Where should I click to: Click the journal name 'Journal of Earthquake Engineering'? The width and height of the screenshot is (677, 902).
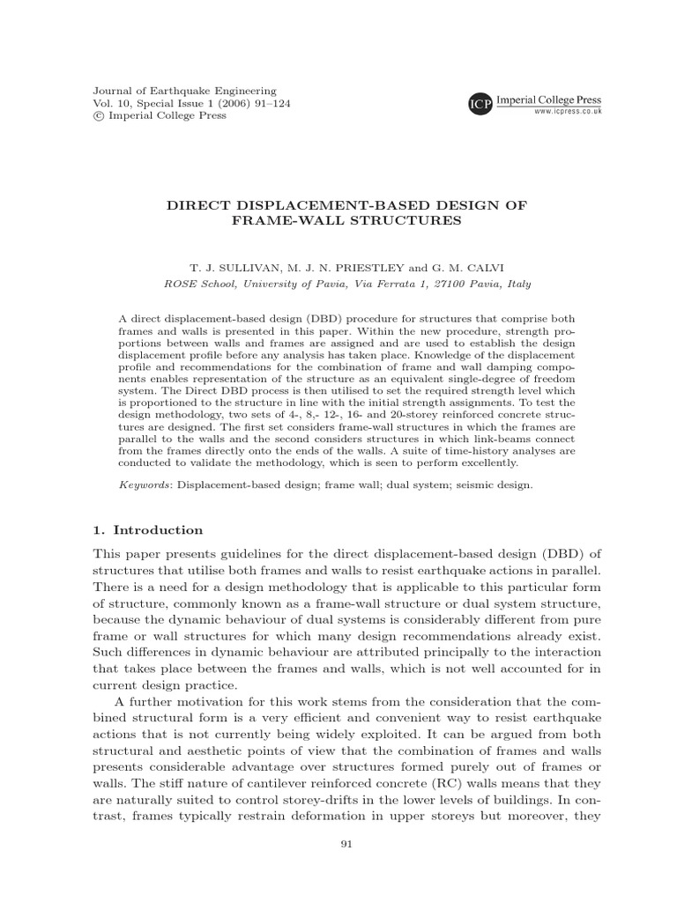click(x=184, y=91)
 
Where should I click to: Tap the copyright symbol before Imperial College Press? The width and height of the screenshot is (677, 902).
click(x=99, y=115)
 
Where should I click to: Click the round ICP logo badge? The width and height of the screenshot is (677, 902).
click(x=480, y=105)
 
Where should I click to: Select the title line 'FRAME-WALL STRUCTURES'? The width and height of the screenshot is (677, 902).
click(x=346, y=220)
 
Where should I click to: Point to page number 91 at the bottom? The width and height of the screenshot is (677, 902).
click(x=346, y=869)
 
